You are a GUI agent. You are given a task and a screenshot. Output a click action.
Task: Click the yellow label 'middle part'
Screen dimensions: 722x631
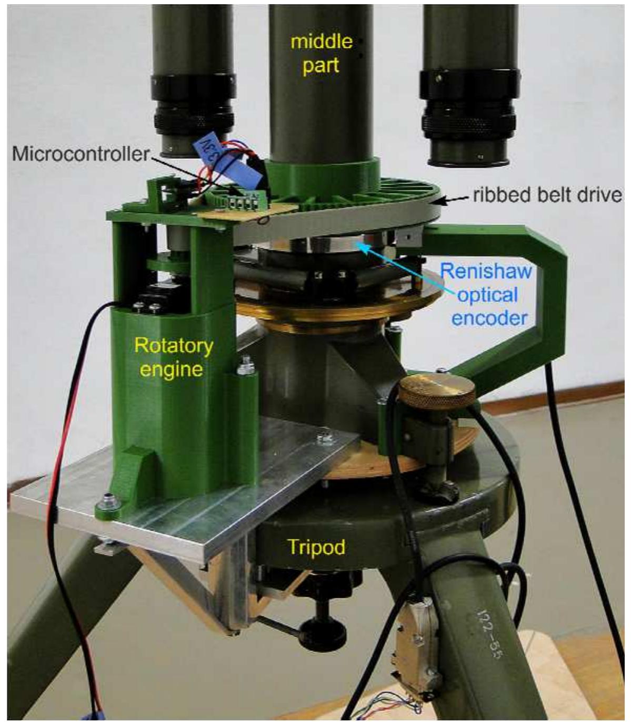point(322,53)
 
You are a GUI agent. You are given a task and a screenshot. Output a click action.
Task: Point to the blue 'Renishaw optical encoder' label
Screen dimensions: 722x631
point(485,295)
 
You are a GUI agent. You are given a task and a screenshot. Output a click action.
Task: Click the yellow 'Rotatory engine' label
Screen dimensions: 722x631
point(174,357)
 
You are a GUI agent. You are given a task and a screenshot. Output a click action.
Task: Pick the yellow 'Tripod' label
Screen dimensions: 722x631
point(316,547)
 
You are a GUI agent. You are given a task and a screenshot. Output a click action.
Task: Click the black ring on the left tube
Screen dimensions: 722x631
point(192,106)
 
